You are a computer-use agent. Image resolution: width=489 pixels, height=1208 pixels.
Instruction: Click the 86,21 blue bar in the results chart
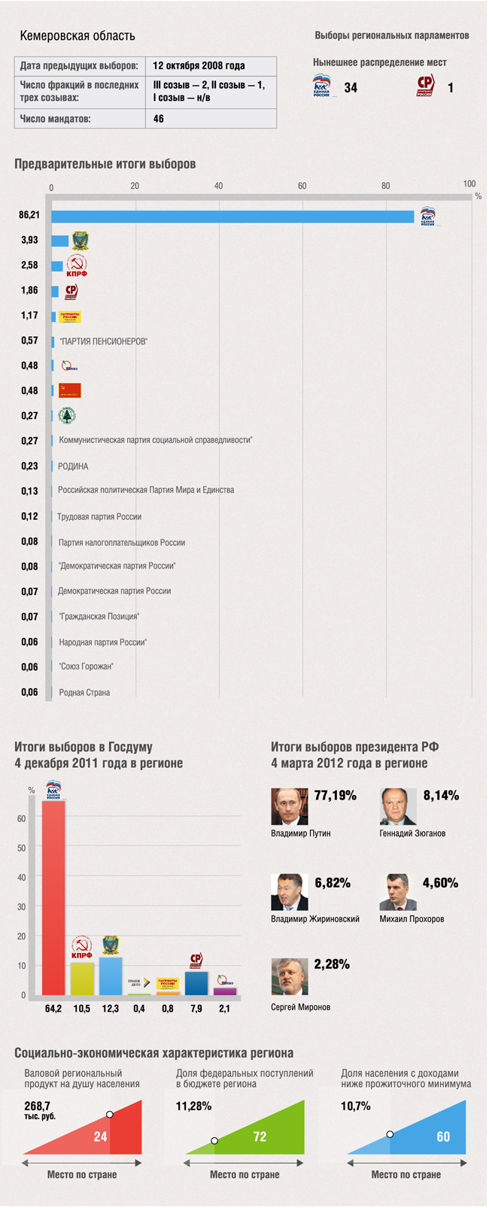pos(232,217)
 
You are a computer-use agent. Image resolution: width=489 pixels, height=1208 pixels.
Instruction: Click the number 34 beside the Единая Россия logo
pos(351,88)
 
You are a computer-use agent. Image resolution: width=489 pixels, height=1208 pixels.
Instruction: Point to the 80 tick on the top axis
pos(386,186)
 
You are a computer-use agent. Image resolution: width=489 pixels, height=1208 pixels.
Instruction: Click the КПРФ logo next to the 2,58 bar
pos(77,266)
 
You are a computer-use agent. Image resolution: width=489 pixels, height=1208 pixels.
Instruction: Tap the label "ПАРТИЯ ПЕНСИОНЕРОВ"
pos(103,341)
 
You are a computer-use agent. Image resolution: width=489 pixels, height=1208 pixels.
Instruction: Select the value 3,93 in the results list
pos(29,240)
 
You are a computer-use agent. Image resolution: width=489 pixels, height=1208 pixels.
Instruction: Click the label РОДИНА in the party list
pos(73,466)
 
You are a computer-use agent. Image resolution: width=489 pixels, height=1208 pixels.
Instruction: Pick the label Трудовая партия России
pos(99,517)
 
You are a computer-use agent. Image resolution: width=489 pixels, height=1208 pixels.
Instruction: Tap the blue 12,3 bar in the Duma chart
pos(111,976)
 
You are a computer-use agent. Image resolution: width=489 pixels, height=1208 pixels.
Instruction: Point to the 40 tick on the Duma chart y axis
pos(22,878)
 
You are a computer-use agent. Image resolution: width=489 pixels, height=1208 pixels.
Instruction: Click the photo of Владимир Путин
pos(290,806)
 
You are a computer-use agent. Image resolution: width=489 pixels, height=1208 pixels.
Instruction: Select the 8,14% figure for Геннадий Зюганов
pos(441,796)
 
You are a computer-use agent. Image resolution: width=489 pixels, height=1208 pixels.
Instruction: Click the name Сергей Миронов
pos(300,1007)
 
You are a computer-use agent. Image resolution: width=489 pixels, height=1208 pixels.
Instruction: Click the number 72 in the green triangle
pos(260,1137)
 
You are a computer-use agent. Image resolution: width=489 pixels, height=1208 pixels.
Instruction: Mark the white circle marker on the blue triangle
pos(390,1134)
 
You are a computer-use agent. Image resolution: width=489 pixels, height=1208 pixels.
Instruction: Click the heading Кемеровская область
pos(77,35)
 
